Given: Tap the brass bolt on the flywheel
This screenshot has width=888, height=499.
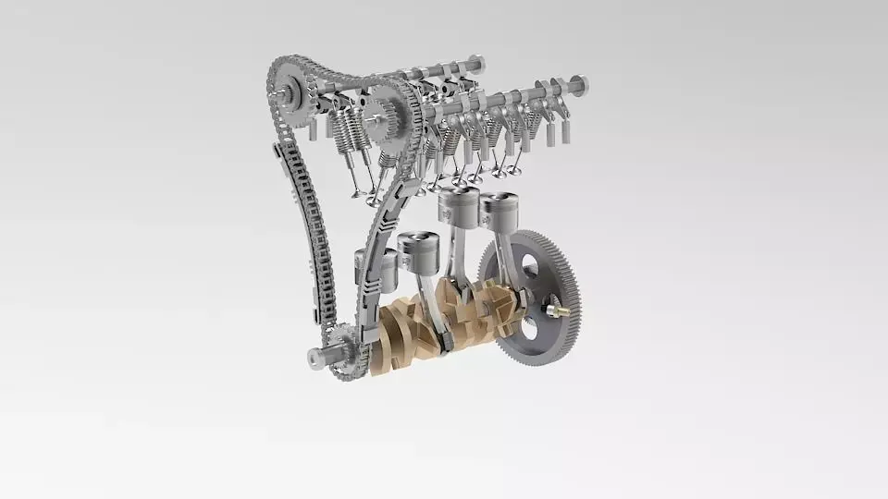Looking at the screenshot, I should tap(556, 310).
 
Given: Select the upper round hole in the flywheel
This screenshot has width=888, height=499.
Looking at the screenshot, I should tap(530, 267).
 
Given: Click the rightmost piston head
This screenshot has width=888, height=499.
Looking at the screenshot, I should tap(499, 210).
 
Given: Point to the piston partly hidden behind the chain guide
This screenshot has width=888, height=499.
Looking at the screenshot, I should tap(388, 268).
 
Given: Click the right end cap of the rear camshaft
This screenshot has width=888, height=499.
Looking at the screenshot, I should tap(476, 64).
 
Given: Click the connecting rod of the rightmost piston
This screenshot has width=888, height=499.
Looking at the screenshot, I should tap(504, 259).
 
